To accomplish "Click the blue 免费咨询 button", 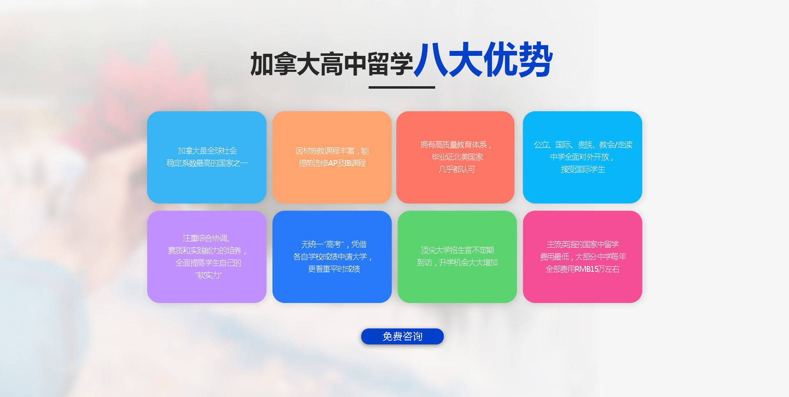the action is (x=402, y=336).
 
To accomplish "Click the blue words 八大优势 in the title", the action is (x=483, y=60).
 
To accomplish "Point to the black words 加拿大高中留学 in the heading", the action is (x=332, y=64).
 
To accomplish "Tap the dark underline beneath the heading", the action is (x=401, y=87).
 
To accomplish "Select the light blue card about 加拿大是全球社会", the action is (x=207, y=157).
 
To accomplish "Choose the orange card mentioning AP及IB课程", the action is (x=332, y=157).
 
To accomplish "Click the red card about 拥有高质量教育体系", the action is (x=455, y=157).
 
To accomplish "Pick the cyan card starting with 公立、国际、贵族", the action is (x=582, y=157).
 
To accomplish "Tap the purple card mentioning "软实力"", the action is (x=207, y=257).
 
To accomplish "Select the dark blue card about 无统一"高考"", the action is (x=332, y=257).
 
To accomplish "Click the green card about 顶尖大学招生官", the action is (x=457, y=257).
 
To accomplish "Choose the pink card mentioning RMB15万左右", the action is (x=582, y=257).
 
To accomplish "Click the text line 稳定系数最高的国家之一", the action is (x=207, y=163).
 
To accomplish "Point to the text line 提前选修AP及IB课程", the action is (x=332, y=163).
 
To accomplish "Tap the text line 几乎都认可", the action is (x=457, y=169).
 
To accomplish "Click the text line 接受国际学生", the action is (x=583, y=169).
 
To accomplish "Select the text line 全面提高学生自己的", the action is (x=208, y=263).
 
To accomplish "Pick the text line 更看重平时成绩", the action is (x=334, y=269).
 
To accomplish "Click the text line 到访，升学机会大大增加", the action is (x=457, y=262).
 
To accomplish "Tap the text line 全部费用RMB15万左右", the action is (x=582, y=269).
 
